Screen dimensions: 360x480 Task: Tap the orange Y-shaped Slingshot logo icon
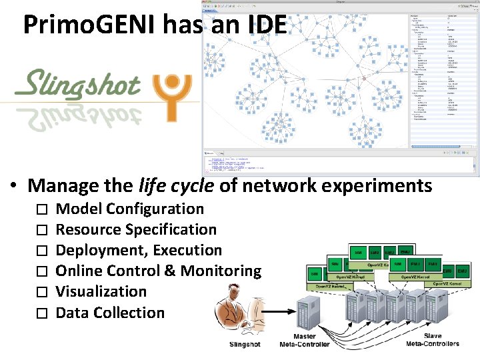(x=174, y=95)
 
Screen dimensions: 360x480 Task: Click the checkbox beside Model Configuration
(x=41, y=209)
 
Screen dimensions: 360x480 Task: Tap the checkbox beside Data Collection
(x=41, y=313)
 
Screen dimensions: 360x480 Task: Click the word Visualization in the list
(x=101, y=291)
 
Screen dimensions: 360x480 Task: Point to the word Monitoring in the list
(x=221, y=271)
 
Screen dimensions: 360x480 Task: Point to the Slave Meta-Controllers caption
(x=433, y=340)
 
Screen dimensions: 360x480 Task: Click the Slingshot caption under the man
(x=245, y=344)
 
